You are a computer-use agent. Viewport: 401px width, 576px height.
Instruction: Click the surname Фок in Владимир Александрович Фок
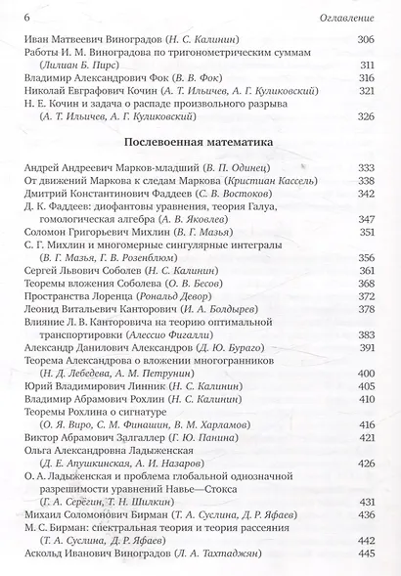tap(167, 78)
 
